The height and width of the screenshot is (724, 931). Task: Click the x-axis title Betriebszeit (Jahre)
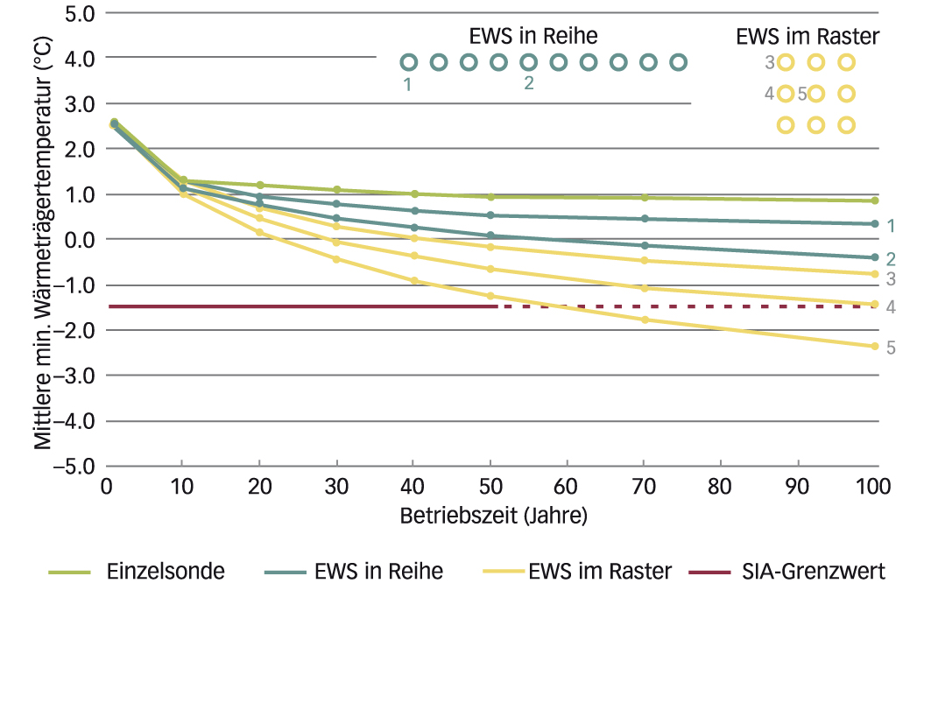point(494,515)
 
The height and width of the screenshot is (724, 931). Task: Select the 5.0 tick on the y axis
point(81,13)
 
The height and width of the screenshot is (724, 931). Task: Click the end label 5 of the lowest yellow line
point(891,348)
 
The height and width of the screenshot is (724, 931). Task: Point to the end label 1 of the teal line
point(891,226)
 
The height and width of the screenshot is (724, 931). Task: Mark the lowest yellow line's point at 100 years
point(874,346)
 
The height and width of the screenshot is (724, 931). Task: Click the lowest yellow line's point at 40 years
point(413,280)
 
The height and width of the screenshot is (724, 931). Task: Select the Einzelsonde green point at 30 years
point(336,190)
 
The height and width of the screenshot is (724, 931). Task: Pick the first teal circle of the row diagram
point(408,62)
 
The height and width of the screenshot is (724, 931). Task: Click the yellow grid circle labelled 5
point(816,94)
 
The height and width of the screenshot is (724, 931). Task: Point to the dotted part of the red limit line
point(683,306)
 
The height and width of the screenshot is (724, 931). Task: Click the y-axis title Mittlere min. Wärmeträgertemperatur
point(42,238)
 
